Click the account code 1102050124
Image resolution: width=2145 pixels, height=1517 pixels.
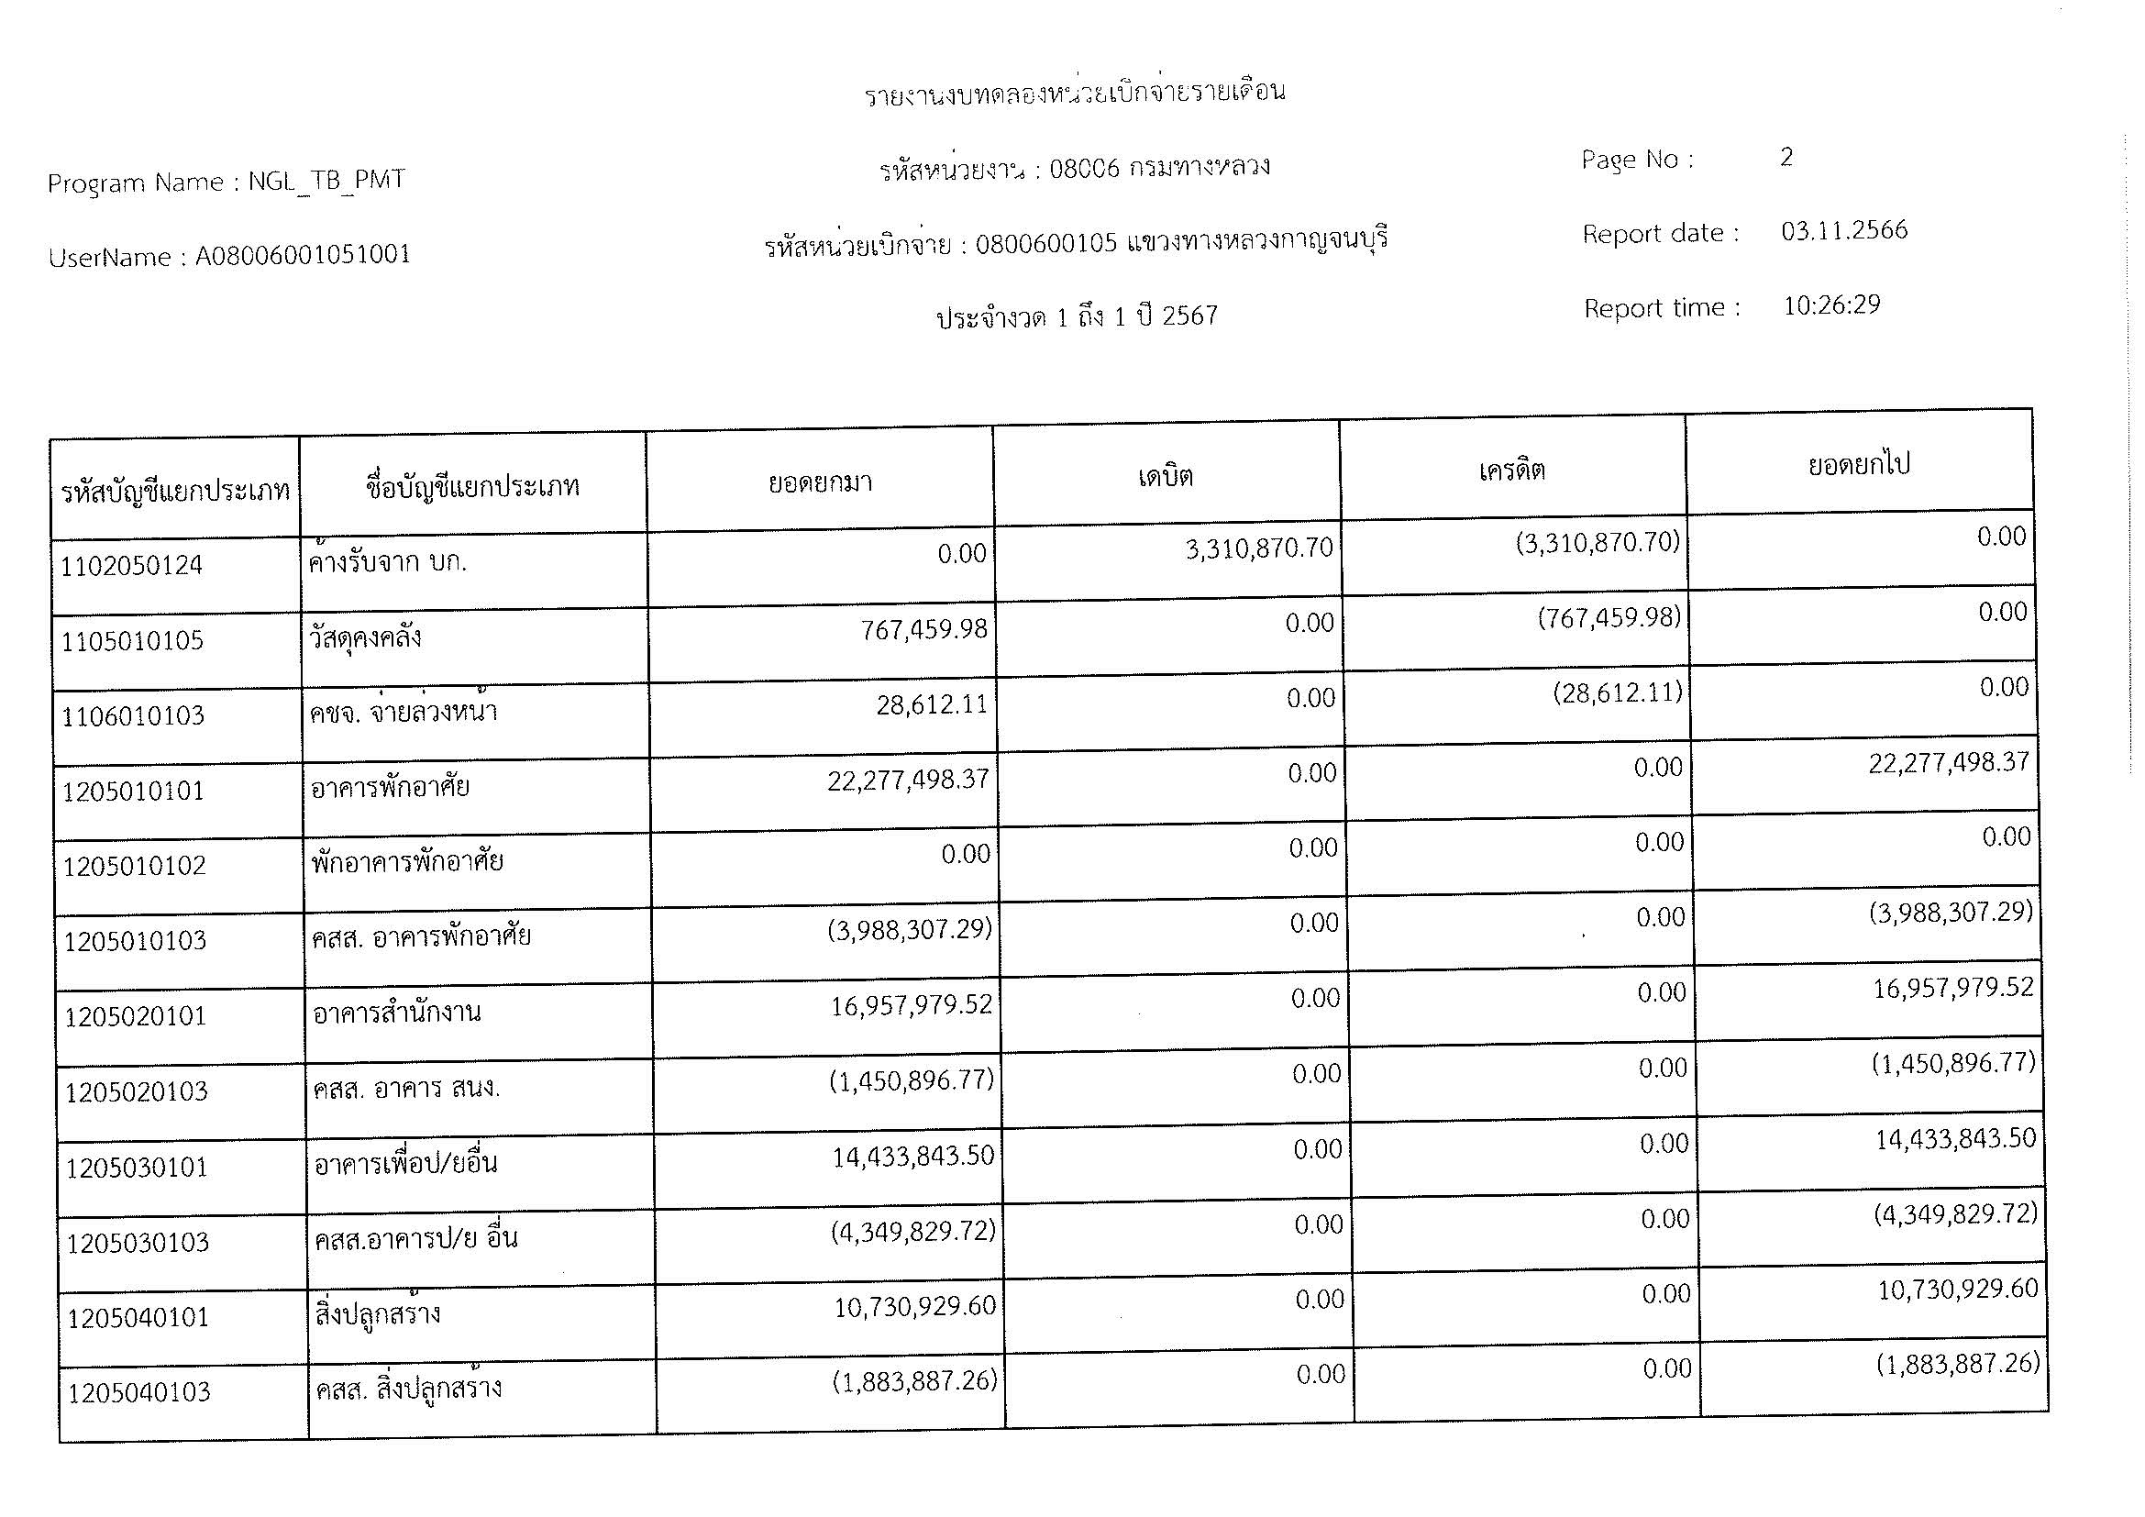pyautogui.click(x=132, y=566)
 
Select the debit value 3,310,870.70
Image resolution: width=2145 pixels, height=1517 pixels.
pyautogui.click(x=1258, y=548)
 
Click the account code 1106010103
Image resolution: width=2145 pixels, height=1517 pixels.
pyautogui.click(x=133, y=716)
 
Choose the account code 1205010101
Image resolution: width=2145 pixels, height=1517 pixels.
pyautogui.click(x=133, y=792)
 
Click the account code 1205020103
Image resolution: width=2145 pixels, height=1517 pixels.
pyautogui.click(x=137, y=1092)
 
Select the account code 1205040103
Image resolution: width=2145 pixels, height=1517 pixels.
pyautogui.click(x=138, y=1393)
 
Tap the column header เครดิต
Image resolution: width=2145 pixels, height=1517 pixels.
pyautogui.click(x=1511, y=471)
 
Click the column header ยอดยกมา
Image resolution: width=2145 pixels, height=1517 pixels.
pyautogui.click(x=819, y=483)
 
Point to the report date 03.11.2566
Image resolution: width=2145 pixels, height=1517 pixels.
pyautogui.click(x=1843, y=231)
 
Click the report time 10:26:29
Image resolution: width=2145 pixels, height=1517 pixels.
pyautogui.click(x=1831, y=305)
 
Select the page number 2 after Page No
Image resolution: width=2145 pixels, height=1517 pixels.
pyautogui.click(x=1786, y=157)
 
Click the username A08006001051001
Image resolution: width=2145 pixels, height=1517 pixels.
pyautogui.click(x=303, y=255)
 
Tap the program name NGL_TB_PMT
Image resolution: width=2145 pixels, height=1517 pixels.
pyautogui.click(x=326, y=181)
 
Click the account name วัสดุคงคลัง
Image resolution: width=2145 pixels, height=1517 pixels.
pyautogui.click(x=365, y=638)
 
